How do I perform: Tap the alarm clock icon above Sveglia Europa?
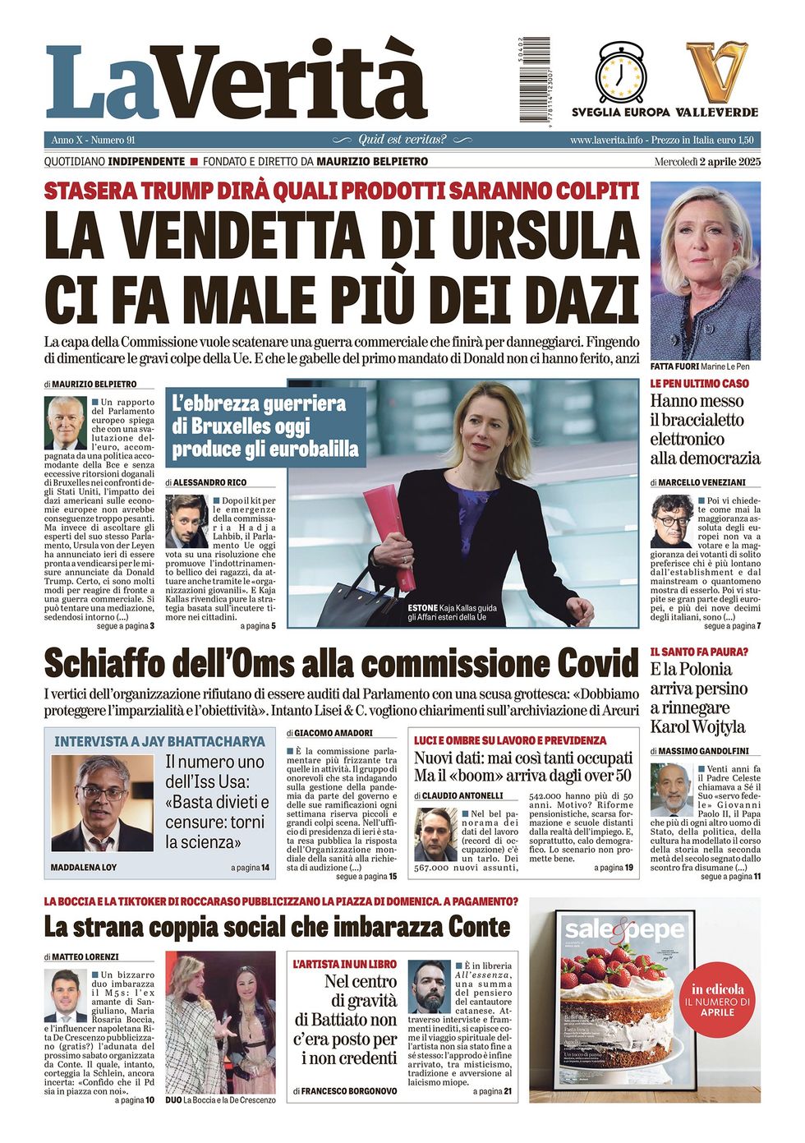(622, 72)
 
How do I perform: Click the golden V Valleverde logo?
(717, 72)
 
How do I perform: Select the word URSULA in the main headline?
(545, 235)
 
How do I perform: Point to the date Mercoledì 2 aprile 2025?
(707, 162)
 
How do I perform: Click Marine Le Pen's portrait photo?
(705, 271)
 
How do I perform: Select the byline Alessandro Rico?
(209, 482)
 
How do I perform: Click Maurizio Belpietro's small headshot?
(67, 423)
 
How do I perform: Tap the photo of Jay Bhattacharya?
(102, 804)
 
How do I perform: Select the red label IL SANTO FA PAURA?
(699, 652)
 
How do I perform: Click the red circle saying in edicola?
(717, 1001)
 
